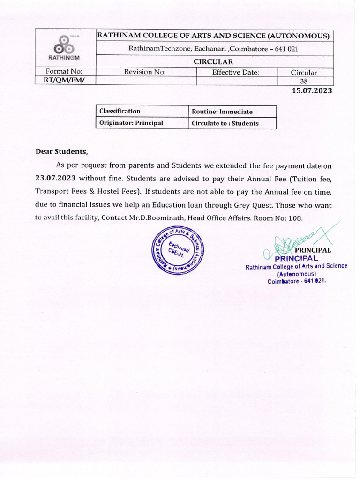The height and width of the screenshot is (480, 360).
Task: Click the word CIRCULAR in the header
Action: [214, 62]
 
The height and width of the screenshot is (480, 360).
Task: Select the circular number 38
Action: [303, 81]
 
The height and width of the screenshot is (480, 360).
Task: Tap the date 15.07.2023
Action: [312, 90]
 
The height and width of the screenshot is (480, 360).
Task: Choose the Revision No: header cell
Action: [145, 72]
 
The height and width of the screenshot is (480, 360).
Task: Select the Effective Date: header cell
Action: [235, 72]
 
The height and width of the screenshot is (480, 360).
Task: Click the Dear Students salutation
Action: [62, 151]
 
